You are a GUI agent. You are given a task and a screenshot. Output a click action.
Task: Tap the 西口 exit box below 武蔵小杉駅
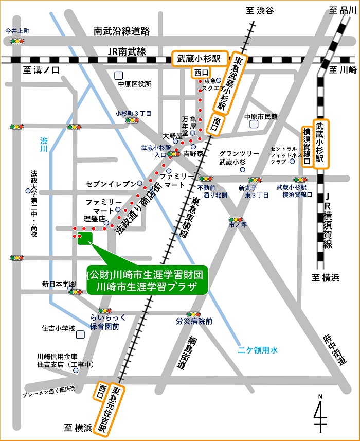pos(201,73)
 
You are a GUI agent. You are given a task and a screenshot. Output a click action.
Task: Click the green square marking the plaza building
pos(84,237)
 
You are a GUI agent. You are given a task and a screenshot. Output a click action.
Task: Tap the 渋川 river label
pos(44,144)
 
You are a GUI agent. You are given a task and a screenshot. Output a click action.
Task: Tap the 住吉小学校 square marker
pos(80,334)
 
